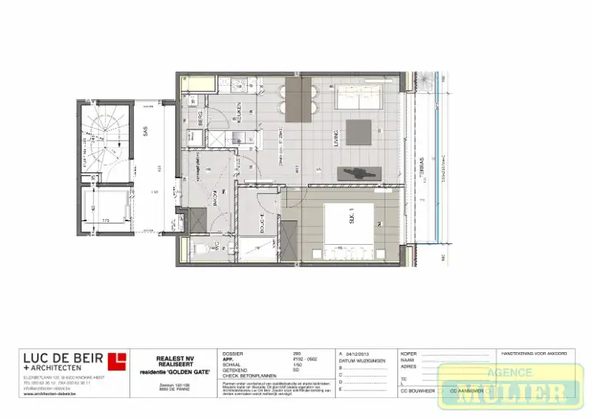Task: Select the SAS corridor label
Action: point(146,132)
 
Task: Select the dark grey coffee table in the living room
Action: point(359,133)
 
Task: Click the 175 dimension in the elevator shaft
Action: point(106,220)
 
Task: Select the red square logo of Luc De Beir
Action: point(117,361)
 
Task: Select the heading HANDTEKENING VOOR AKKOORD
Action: point(534,354)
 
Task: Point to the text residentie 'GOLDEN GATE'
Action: point(174,371)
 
